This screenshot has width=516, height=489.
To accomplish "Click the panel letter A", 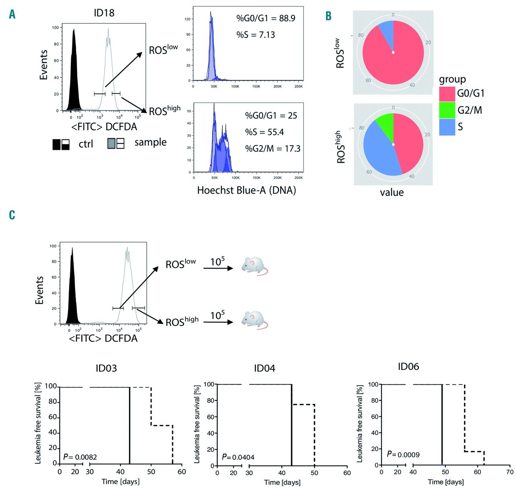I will [x=12, y=15].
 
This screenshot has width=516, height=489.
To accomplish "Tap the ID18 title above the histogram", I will [x=104, y=13].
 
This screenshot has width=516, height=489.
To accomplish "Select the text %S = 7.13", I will [x=256, y=35].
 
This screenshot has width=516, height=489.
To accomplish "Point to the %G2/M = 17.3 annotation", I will [x=273, y=149].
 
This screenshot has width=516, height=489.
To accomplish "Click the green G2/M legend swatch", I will [x=447, y=110].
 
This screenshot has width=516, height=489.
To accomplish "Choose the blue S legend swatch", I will [x=447, y=127].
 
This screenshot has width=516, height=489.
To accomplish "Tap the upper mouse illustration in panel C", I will [x=254, y=266].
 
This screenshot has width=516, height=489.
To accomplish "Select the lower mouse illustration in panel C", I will [x=254, y=320].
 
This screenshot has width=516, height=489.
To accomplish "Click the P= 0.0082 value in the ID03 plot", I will [x=80, y=457].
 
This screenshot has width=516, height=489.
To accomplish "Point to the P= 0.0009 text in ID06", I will [x=403, y=454].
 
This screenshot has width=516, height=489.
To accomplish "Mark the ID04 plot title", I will [x=264, y=368].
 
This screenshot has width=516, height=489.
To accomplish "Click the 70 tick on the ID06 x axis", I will [x=510, y=472].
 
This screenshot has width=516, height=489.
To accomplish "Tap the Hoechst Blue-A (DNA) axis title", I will [x=246, y=190].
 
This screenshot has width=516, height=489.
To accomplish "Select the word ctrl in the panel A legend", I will [x=85, y=144].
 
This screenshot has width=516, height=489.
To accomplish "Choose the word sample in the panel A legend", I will [x=150, y=142].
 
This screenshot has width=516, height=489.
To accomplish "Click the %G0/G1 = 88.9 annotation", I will [x=266, y=18].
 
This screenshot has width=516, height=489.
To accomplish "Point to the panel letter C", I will [x=12, y=215].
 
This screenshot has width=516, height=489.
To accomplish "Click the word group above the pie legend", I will [x=452, y=79].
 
